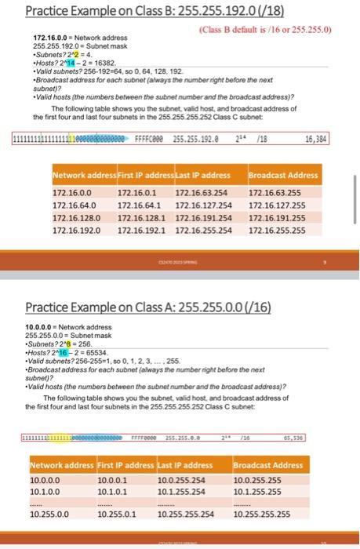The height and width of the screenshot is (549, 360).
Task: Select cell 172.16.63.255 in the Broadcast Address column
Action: tap(277, 191)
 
